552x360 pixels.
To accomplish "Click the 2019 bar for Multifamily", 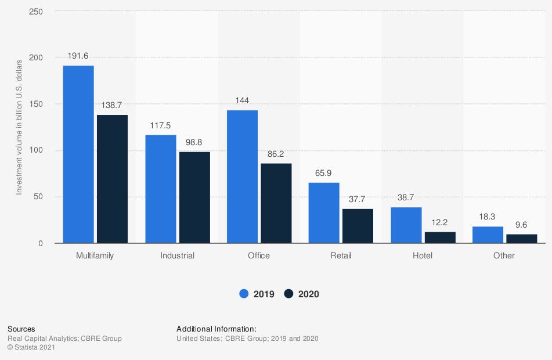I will (x=78, y=154).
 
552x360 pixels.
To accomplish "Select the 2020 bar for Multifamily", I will (x=112, y=179).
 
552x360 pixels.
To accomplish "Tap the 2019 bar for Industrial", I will (x=160, y=189).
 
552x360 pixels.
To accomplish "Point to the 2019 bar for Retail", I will (x=324, y=213).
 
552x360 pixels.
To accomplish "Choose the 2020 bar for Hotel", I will (x=440, y=237).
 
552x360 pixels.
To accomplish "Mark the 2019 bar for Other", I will (x=488, y=235).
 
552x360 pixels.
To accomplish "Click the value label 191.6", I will (x=78, y=56).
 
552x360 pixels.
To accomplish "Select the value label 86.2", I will (x=276, y=154).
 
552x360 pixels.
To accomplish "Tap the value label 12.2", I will (x=440, y=223).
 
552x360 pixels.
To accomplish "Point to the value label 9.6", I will (x=522, y=225).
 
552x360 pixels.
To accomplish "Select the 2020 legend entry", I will (x=302, y=294).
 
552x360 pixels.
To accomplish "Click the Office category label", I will (x=258, y=255).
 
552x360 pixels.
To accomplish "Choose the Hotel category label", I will (x=422, y=255).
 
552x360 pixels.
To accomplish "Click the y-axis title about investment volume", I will (x=19, y=127).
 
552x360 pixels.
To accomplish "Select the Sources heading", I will (x=21, y=329).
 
